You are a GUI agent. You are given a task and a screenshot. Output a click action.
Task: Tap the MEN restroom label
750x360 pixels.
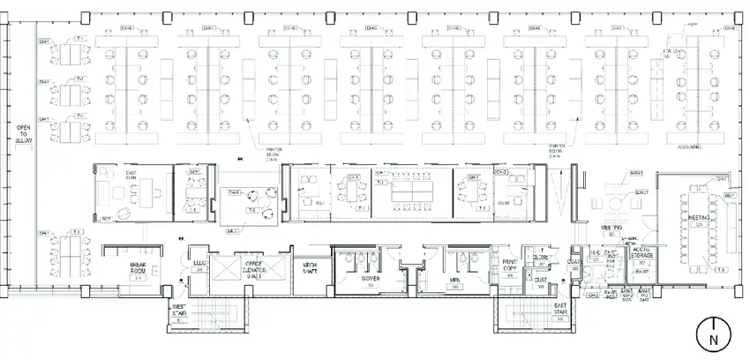(x=456, y=282)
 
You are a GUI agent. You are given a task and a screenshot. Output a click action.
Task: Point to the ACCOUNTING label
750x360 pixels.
(x=690, y=147)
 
